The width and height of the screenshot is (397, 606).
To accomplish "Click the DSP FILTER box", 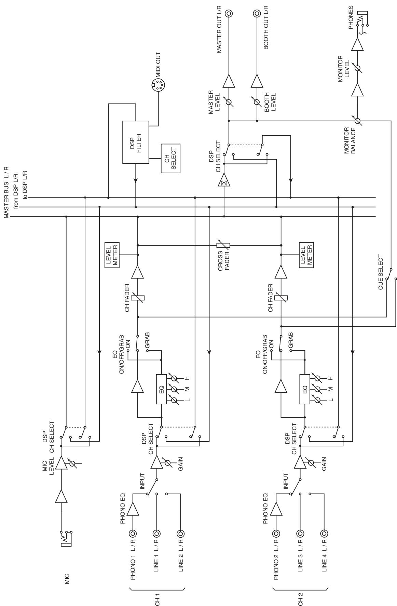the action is coord(136,142).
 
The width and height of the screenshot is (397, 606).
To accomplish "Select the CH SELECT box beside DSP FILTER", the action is coord(170,158).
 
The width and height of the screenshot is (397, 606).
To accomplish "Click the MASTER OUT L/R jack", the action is coord(229,14).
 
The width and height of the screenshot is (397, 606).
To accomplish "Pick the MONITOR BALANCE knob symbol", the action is coord(357,121).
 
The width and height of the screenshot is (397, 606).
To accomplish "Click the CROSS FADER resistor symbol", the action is coord(223,245).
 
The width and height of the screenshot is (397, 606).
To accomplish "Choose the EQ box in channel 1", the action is coord(161,389).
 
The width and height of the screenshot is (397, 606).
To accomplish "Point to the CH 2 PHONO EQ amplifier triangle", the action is coord(276,509).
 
